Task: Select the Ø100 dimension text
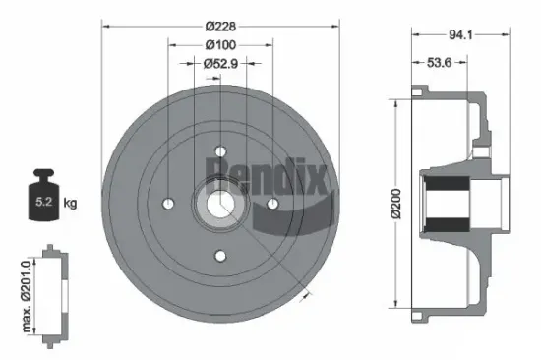(219, 45)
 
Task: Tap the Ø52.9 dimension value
(219, 64)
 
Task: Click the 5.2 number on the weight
(42, 205)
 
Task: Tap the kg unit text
(69, 204)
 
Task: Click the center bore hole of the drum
(219, 204)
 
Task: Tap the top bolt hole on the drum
(219, 151)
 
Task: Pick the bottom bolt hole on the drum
(219, 256)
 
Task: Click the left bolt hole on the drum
(168, 204)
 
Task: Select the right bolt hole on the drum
(271, 204)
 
